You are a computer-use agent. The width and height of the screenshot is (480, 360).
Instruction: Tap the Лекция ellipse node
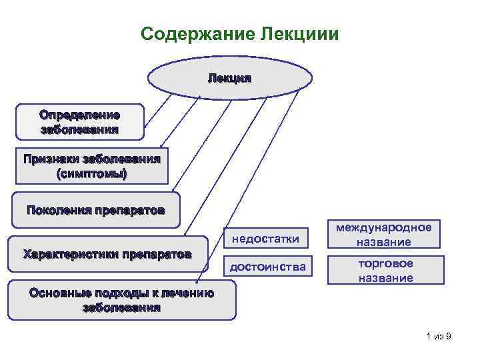229,78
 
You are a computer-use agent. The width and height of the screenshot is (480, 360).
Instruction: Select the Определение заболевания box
79,121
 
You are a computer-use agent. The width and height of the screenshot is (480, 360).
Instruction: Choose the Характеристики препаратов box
107,254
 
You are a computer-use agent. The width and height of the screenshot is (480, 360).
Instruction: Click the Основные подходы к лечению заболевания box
121,299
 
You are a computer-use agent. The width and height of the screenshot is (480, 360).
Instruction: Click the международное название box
383,234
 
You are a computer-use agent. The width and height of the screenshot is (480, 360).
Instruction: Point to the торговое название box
383,270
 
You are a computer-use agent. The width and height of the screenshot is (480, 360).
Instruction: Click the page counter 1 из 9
439,337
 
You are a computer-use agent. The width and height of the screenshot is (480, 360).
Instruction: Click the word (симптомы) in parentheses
91,173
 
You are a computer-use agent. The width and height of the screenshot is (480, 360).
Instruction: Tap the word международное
383,227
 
